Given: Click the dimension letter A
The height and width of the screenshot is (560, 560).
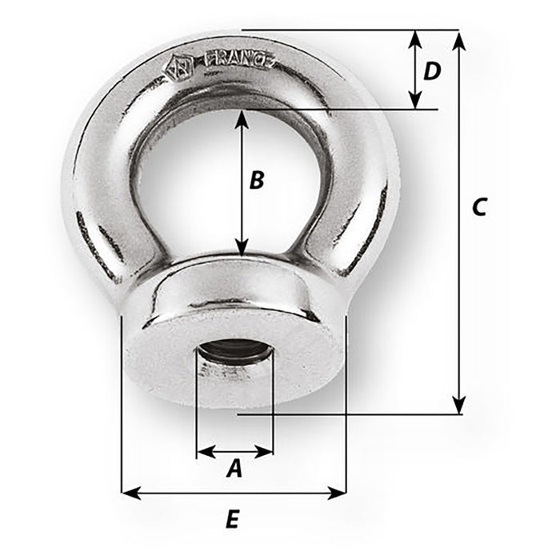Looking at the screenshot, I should coord(234,469).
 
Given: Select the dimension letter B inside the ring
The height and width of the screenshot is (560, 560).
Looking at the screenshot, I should coord(256,180).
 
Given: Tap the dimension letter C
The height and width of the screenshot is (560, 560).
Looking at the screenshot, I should coord(478,207).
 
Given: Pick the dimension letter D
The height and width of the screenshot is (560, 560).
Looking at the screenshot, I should coord(432,72).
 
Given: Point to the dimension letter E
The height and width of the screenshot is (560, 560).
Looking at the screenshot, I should coord(232,520).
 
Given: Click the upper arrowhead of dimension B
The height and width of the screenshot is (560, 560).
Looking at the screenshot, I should coord(242,118).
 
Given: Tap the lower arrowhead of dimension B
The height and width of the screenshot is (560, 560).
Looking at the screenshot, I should coord(242,249).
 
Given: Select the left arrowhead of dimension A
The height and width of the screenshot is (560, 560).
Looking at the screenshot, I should coord(203,452).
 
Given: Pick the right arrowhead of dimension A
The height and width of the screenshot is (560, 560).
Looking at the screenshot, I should coord(267,452).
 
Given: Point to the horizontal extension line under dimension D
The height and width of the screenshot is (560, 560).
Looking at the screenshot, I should coord(360,109).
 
